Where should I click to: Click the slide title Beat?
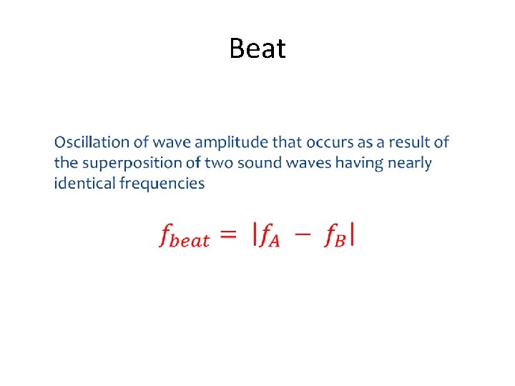(x=257, y=49)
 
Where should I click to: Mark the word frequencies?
(x=162, y=184)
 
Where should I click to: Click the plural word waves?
(x=309, y=163)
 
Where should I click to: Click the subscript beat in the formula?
(x=192, y=241)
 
